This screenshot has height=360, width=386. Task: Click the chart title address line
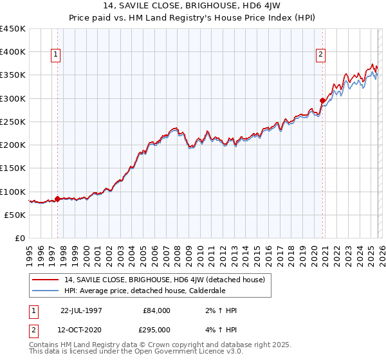[x=192, y=7]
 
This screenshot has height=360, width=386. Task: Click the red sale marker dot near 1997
[x=57, y=199]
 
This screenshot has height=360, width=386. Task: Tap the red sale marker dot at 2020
[x=322, y=100]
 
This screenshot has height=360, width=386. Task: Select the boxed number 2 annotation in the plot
[x=320, y=55]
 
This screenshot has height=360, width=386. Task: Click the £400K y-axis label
[x=13, y=52]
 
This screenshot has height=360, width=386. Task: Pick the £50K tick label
[x=15, y=215]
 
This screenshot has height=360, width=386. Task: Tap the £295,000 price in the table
[x=157, y=329]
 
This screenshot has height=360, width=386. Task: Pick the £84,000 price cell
[x=157, y=310]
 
